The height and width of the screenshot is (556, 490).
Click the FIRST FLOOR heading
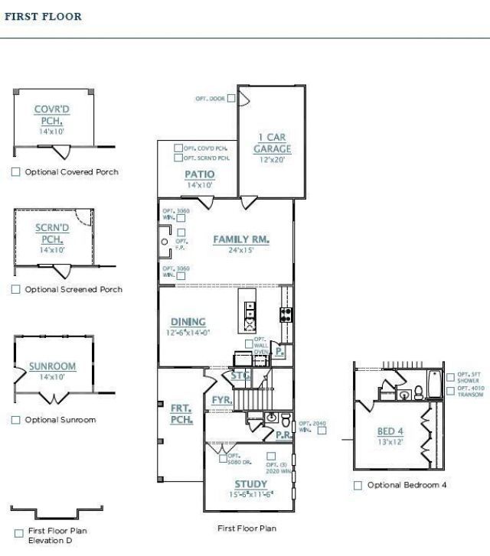pos(43,16)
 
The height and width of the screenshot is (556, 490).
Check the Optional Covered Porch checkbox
pos(16,172)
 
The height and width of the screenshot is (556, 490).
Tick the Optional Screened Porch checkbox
pos(16,289)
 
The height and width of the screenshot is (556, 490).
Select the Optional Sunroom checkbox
pos(16,420)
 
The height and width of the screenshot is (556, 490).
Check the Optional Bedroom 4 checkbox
pos(358,485)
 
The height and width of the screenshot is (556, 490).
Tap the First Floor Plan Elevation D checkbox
pos(18,533)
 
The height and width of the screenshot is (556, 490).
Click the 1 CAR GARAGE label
pos(272,143)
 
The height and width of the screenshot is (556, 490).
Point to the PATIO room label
pos(199,174)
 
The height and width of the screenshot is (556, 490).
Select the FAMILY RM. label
pos(241,239)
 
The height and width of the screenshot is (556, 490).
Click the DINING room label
pos(188,322)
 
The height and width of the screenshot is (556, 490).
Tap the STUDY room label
pos(250,484)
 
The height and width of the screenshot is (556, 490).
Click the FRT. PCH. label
pos(181,414)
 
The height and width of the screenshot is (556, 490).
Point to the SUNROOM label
pos(52,366)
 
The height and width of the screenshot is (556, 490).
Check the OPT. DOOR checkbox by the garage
pos(231,99)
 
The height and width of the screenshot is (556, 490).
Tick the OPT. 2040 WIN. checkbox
pos(322,430)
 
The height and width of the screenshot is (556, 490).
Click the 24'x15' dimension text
pos(242,250)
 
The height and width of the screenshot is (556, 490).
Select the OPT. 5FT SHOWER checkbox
pos(449,376)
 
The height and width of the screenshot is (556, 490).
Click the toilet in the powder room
pos(285,420)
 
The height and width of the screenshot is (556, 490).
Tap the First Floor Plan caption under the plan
pos(247,528)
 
